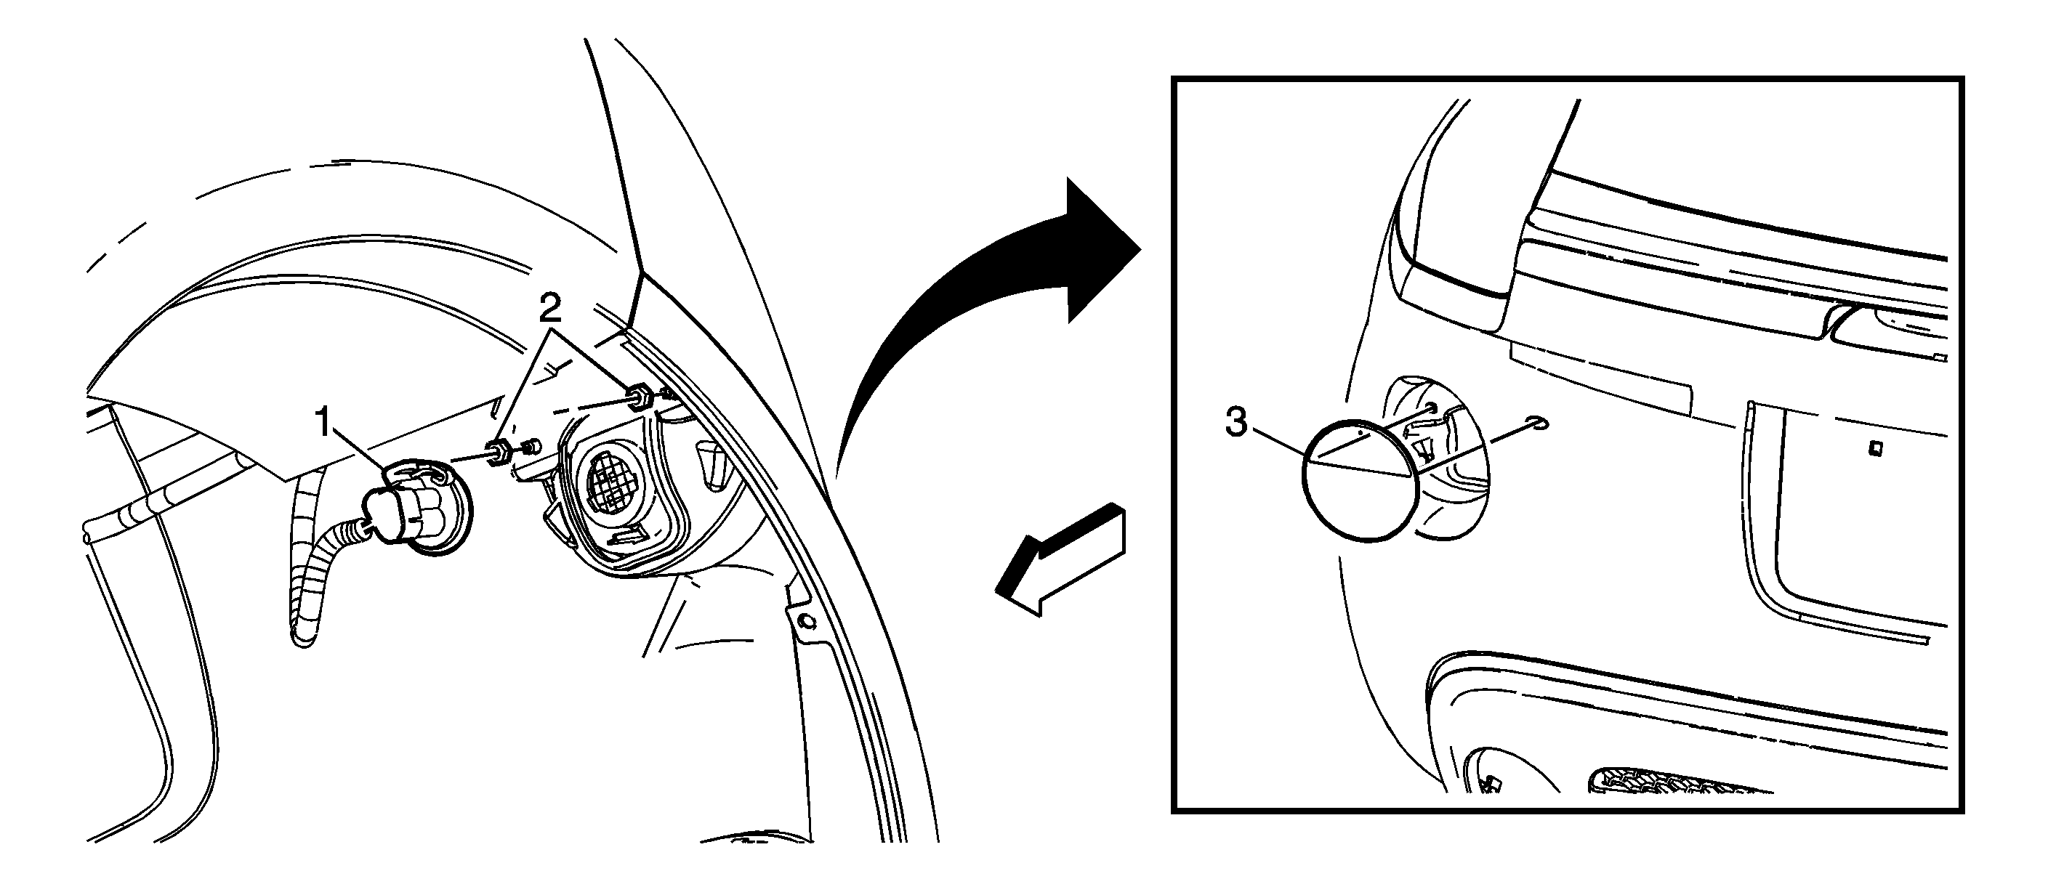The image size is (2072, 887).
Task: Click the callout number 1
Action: click(324, 422)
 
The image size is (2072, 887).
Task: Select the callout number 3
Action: click(1236, 422)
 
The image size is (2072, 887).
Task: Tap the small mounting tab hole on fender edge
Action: click(806, 621)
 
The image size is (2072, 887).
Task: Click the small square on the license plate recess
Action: click(1875, 449)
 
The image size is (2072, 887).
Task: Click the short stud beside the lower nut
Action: click(530, 446)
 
